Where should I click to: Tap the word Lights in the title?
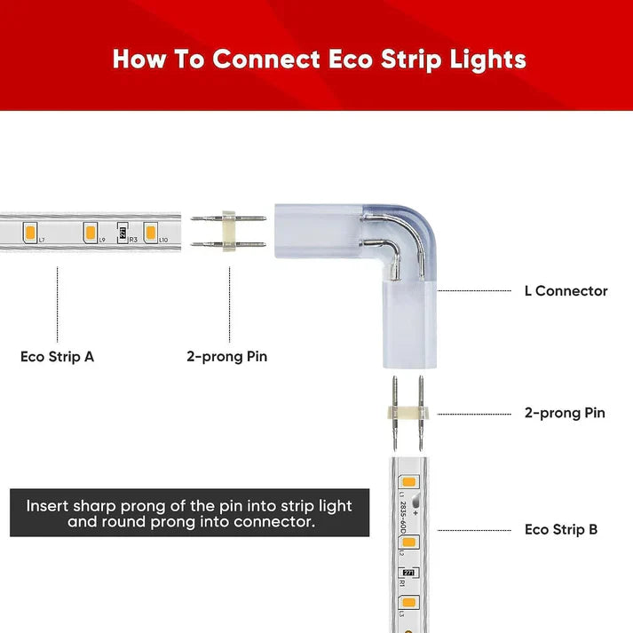point(487,59)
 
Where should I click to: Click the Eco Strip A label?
point(57,357)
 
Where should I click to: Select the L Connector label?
point(565,290)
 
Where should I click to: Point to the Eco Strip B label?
point(561,529)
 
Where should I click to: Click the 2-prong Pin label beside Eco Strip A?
point(226,357)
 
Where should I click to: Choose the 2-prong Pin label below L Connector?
point(565,413)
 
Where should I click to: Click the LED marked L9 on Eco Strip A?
point(90,233)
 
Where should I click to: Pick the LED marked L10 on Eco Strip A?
point(151,233)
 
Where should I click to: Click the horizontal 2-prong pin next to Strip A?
point(228,233)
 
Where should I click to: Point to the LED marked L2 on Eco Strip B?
point(408,542)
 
